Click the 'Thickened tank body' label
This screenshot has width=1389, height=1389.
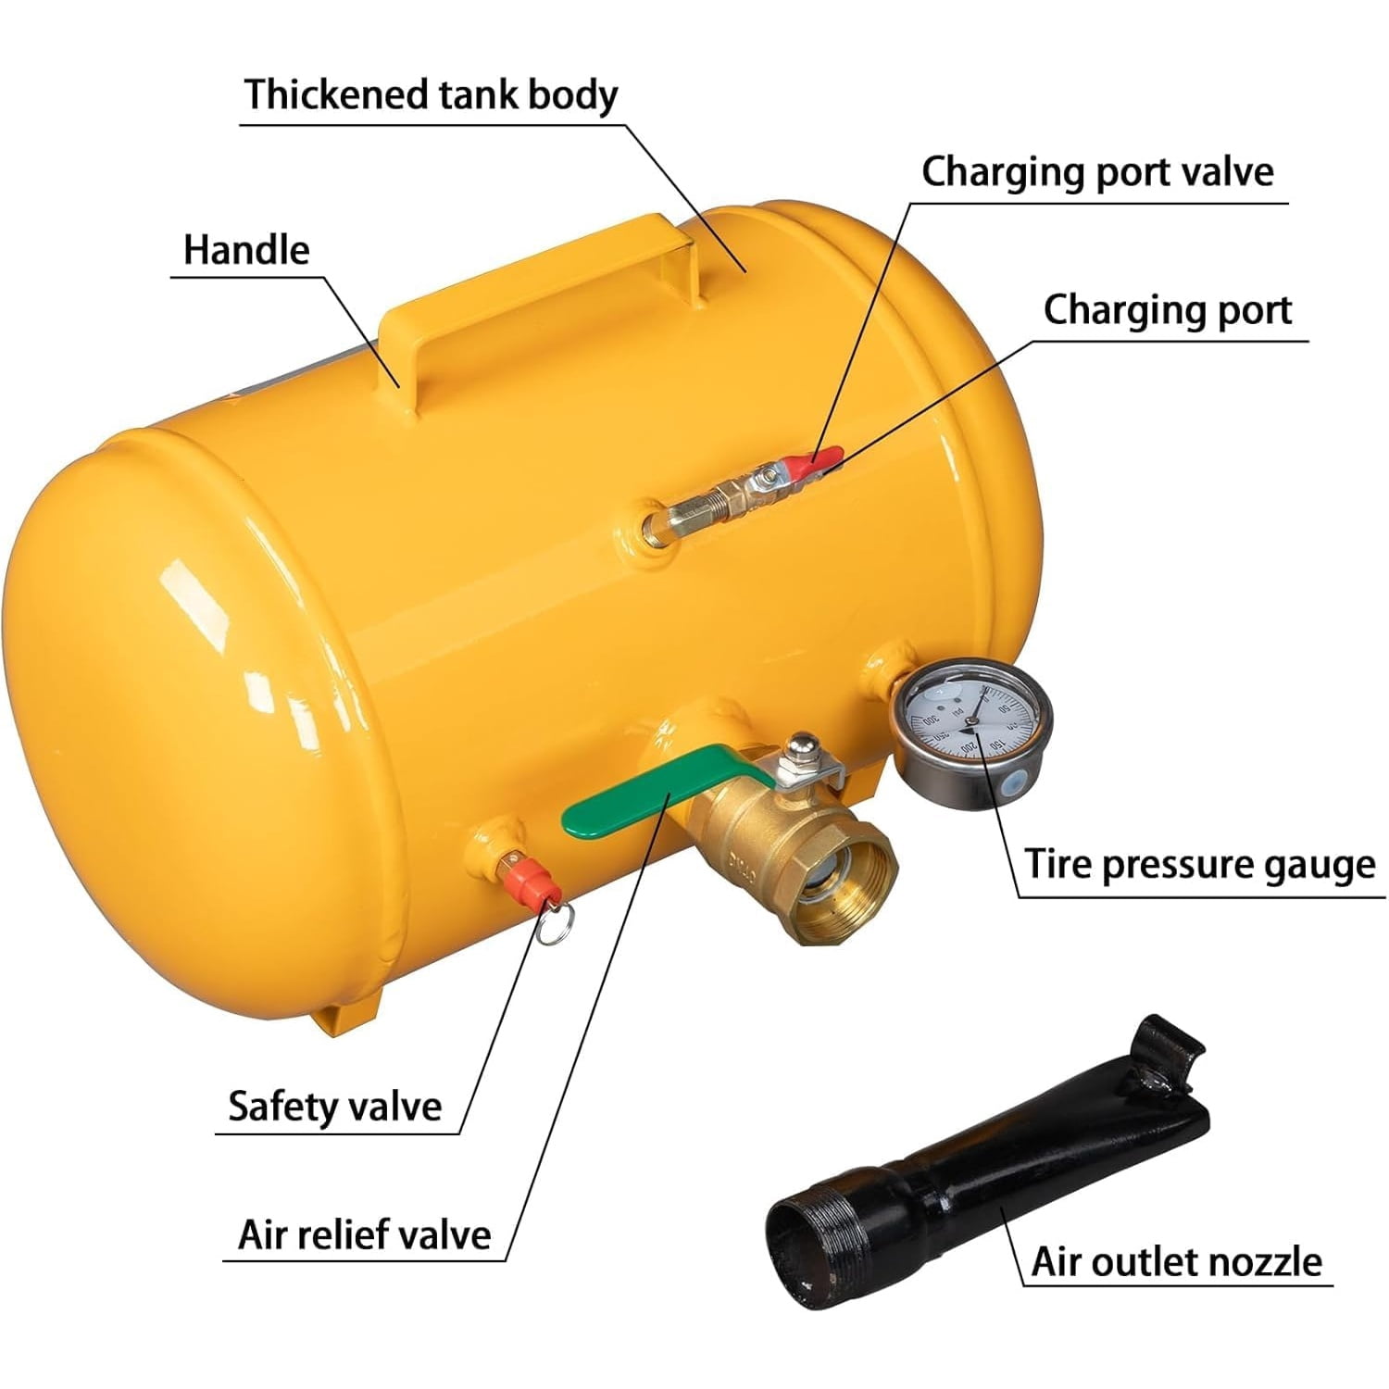click(431, 96)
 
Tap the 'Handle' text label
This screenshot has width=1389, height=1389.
click(246, 250)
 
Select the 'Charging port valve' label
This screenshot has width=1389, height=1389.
click(1097, 172)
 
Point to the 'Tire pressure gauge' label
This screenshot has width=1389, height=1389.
click(1200, 865)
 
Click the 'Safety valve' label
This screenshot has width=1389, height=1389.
click(335, 1107)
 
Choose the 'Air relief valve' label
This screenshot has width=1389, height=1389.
click(364, 1235)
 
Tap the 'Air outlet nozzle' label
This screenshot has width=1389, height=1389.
click(1177, 1262)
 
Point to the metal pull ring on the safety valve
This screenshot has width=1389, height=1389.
click(554, 924)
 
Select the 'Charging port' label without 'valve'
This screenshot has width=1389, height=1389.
click(1168, 311)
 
